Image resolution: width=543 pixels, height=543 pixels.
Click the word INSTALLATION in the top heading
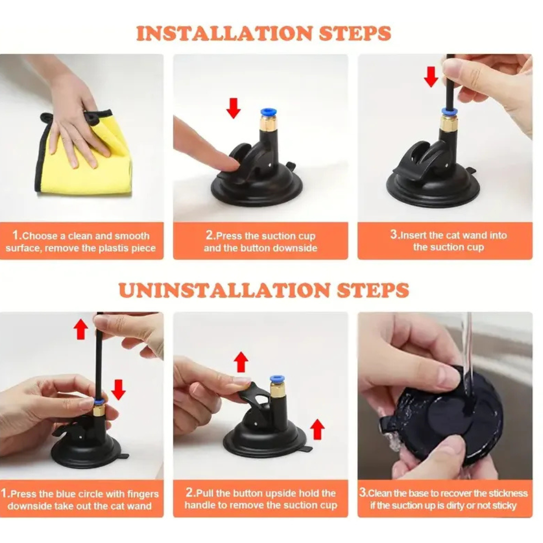pyautogui.click(x=224, y=34)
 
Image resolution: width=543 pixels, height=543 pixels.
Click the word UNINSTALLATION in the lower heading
pyautogui.click(x=224, y=290)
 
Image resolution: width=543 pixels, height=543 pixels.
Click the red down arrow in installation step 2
pyautogui.click(x=233, y=108)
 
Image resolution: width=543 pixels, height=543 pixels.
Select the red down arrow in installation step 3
pyautogui.click(x=431, y=77)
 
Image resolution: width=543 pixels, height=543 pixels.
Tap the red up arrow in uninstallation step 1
pyautogui.click(x=81, y=329)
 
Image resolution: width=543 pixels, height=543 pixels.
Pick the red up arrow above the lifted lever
pyautogui.click(x=241, y=363)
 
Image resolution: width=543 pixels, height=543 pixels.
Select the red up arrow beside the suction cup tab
pyautogui.click(x=317, y=429)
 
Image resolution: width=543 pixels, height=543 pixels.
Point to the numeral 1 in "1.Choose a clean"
pyautogui.click(x=15, y=235)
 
